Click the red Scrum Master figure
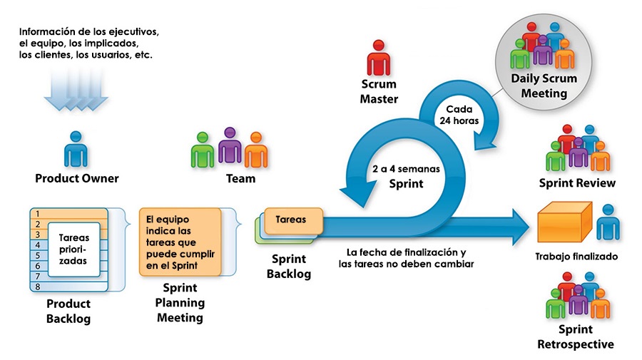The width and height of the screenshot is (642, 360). [378, 58]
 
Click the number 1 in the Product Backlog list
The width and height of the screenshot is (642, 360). [37, 213]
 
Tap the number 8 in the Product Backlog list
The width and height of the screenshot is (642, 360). [37, 287]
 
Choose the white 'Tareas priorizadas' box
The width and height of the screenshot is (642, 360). [73, 249]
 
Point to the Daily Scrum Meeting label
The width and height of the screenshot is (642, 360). [544, 86]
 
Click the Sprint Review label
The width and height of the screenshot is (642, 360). [577, 183]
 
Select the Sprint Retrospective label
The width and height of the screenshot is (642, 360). [576, 337]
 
